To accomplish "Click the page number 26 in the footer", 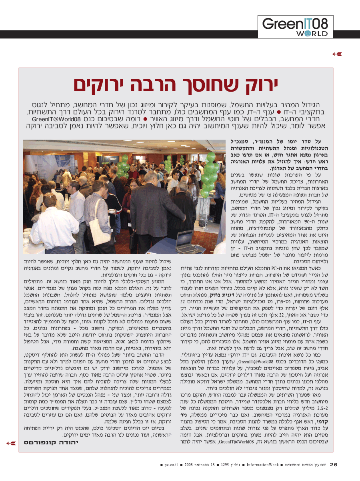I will [x=334, y=465].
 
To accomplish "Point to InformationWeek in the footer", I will [x=262, y=465].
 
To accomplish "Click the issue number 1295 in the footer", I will [x=226, y=465].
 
